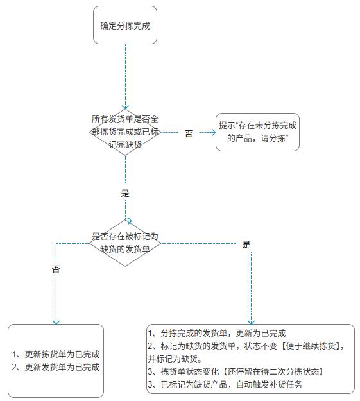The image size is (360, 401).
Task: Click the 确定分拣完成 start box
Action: pyautogui.click(x=125, y=25)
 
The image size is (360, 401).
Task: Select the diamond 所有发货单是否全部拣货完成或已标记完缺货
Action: pyautogui.click(x=125, y=132)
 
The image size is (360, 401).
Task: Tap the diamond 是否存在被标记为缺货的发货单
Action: pyautogui.click(x=125, y=243)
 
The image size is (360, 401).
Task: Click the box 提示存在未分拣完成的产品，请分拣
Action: pyautogui.click(x=257, y=132)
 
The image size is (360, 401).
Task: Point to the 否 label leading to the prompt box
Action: pyautogui.click(x=189, y=133)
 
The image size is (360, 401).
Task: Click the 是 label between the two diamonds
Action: pyautogui.click(x=125, y=193)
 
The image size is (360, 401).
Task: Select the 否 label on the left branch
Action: pyautogui.click(x=56, y=269)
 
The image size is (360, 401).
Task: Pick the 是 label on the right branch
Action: pyautogui.click(x=246, y=244)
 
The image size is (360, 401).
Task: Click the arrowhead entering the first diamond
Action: pyautogui.click(x=125, y=107)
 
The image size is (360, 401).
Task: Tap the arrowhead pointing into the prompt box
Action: pyautogui.click(x=214, y=132)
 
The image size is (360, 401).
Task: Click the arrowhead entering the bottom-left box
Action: pyautogui.click(x=56, y=322)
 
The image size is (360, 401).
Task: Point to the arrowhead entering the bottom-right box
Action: pyautogui.click(x=252, y=322)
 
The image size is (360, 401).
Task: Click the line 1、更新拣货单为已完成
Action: pyautogui.click(x=56, y=354)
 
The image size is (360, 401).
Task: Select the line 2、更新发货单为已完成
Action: pyautogui.click(x=56, y=367)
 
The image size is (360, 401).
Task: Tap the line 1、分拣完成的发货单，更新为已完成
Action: pyautogui.click(x=217, y=333)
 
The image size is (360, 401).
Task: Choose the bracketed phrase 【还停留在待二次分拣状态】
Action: pyautogui.click(x=273, y=371)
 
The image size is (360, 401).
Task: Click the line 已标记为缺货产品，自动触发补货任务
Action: pyautogui.click(x=232, y=384)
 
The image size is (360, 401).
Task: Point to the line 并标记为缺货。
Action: pyautogui.click(x=175, y=359)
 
